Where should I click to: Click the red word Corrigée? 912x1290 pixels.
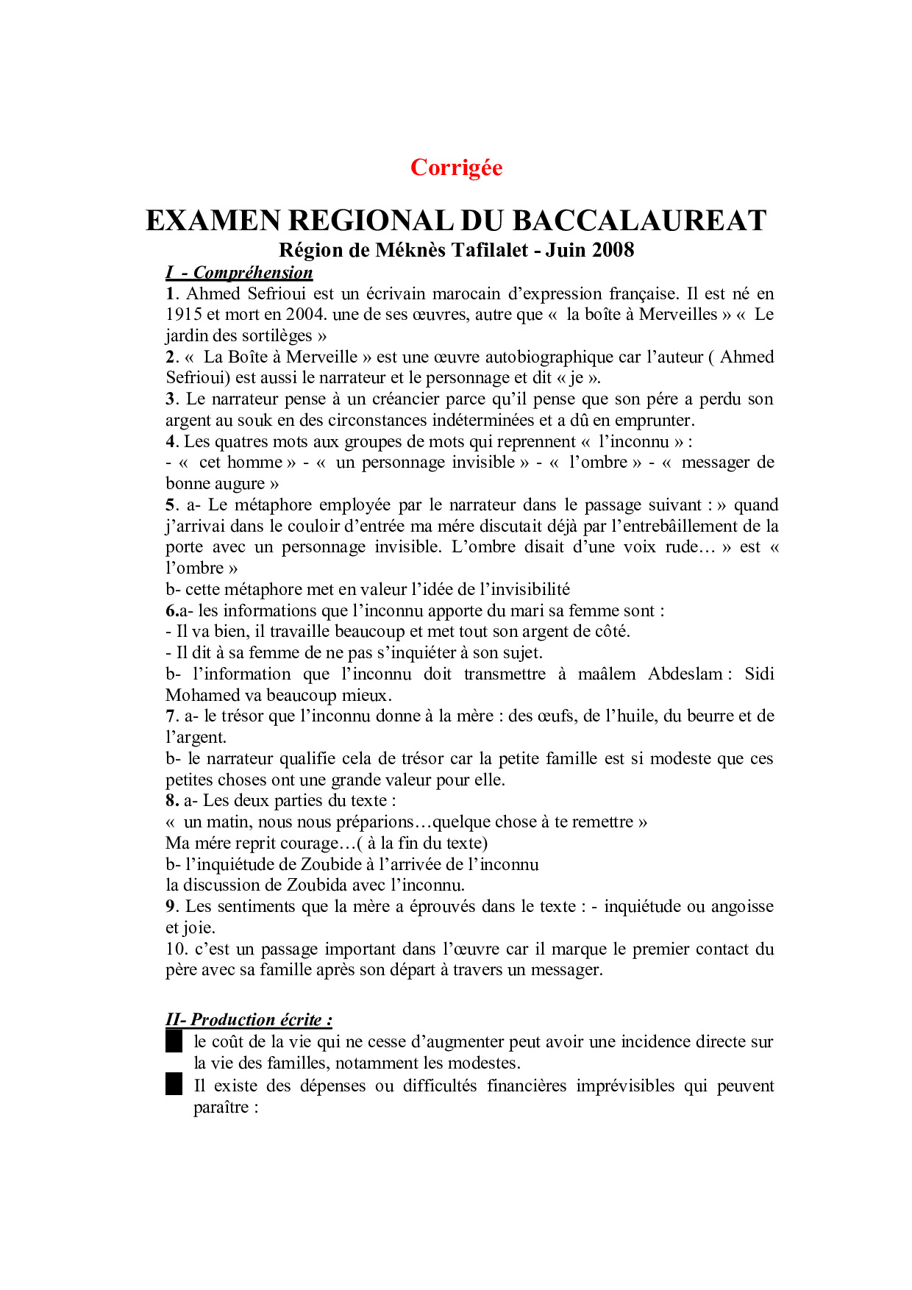(x=456, y=168)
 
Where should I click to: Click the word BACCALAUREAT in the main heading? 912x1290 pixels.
(x=639, y=221)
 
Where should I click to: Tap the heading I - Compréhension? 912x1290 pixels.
(x=239, y=273)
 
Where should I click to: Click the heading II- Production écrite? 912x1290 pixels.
(x=249, y=1020)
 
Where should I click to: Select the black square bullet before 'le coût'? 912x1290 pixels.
(x=174, y=1042)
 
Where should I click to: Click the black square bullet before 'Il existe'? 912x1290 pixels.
(x=174, y=1085)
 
